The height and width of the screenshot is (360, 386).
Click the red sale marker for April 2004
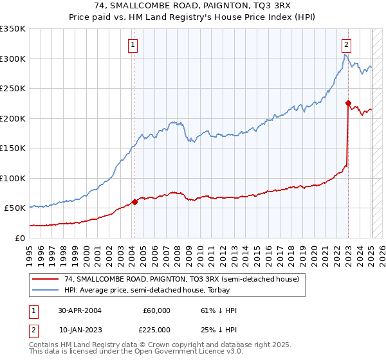tap(134, 202)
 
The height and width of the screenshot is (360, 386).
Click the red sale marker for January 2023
tap(348, 103)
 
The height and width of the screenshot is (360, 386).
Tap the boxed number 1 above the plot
tap(133, 44)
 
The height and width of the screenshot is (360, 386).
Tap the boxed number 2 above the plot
tap(346, 44)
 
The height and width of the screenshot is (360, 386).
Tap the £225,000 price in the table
tap(156, 329)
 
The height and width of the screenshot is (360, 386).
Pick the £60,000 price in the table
tap(156, 310)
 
